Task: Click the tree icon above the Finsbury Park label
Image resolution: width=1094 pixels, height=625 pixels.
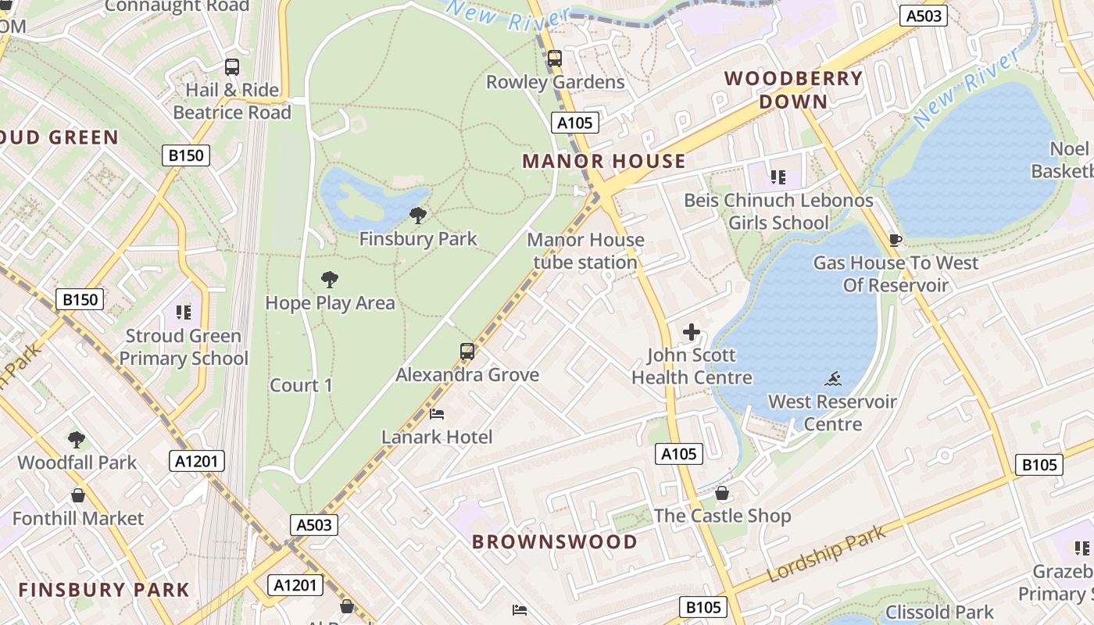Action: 418,215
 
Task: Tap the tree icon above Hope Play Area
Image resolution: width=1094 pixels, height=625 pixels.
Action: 330,279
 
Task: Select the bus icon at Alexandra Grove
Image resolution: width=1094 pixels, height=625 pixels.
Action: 467,352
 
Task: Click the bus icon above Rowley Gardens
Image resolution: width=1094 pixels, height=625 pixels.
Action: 555,59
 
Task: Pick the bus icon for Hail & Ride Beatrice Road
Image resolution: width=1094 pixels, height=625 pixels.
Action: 232,67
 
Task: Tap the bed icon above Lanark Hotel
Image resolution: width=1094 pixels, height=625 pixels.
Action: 437,413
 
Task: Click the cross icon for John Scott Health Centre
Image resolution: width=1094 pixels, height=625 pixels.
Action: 692,332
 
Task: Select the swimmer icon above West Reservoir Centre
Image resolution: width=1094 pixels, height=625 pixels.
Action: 833,379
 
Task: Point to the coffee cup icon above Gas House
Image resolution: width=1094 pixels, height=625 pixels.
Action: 896,240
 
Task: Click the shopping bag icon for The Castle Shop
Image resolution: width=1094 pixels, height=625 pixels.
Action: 722,493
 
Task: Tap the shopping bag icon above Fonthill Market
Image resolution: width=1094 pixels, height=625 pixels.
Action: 78,495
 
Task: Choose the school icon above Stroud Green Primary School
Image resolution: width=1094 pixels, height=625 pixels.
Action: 184,313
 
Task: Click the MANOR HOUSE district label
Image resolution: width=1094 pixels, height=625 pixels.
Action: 603,162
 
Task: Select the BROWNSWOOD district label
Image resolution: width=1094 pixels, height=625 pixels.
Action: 555,541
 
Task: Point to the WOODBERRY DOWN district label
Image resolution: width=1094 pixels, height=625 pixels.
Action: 793,90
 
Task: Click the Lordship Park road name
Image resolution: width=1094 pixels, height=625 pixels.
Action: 827,554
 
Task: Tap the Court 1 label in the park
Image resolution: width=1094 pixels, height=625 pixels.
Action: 301,385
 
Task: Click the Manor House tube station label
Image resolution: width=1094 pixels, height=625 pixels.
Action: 585,251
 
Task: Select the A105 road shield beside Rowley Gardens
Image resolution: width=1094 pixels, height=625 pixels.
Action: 576,123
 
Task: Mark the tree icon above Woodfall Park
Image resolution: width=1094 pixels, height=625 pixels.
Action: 77,439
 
